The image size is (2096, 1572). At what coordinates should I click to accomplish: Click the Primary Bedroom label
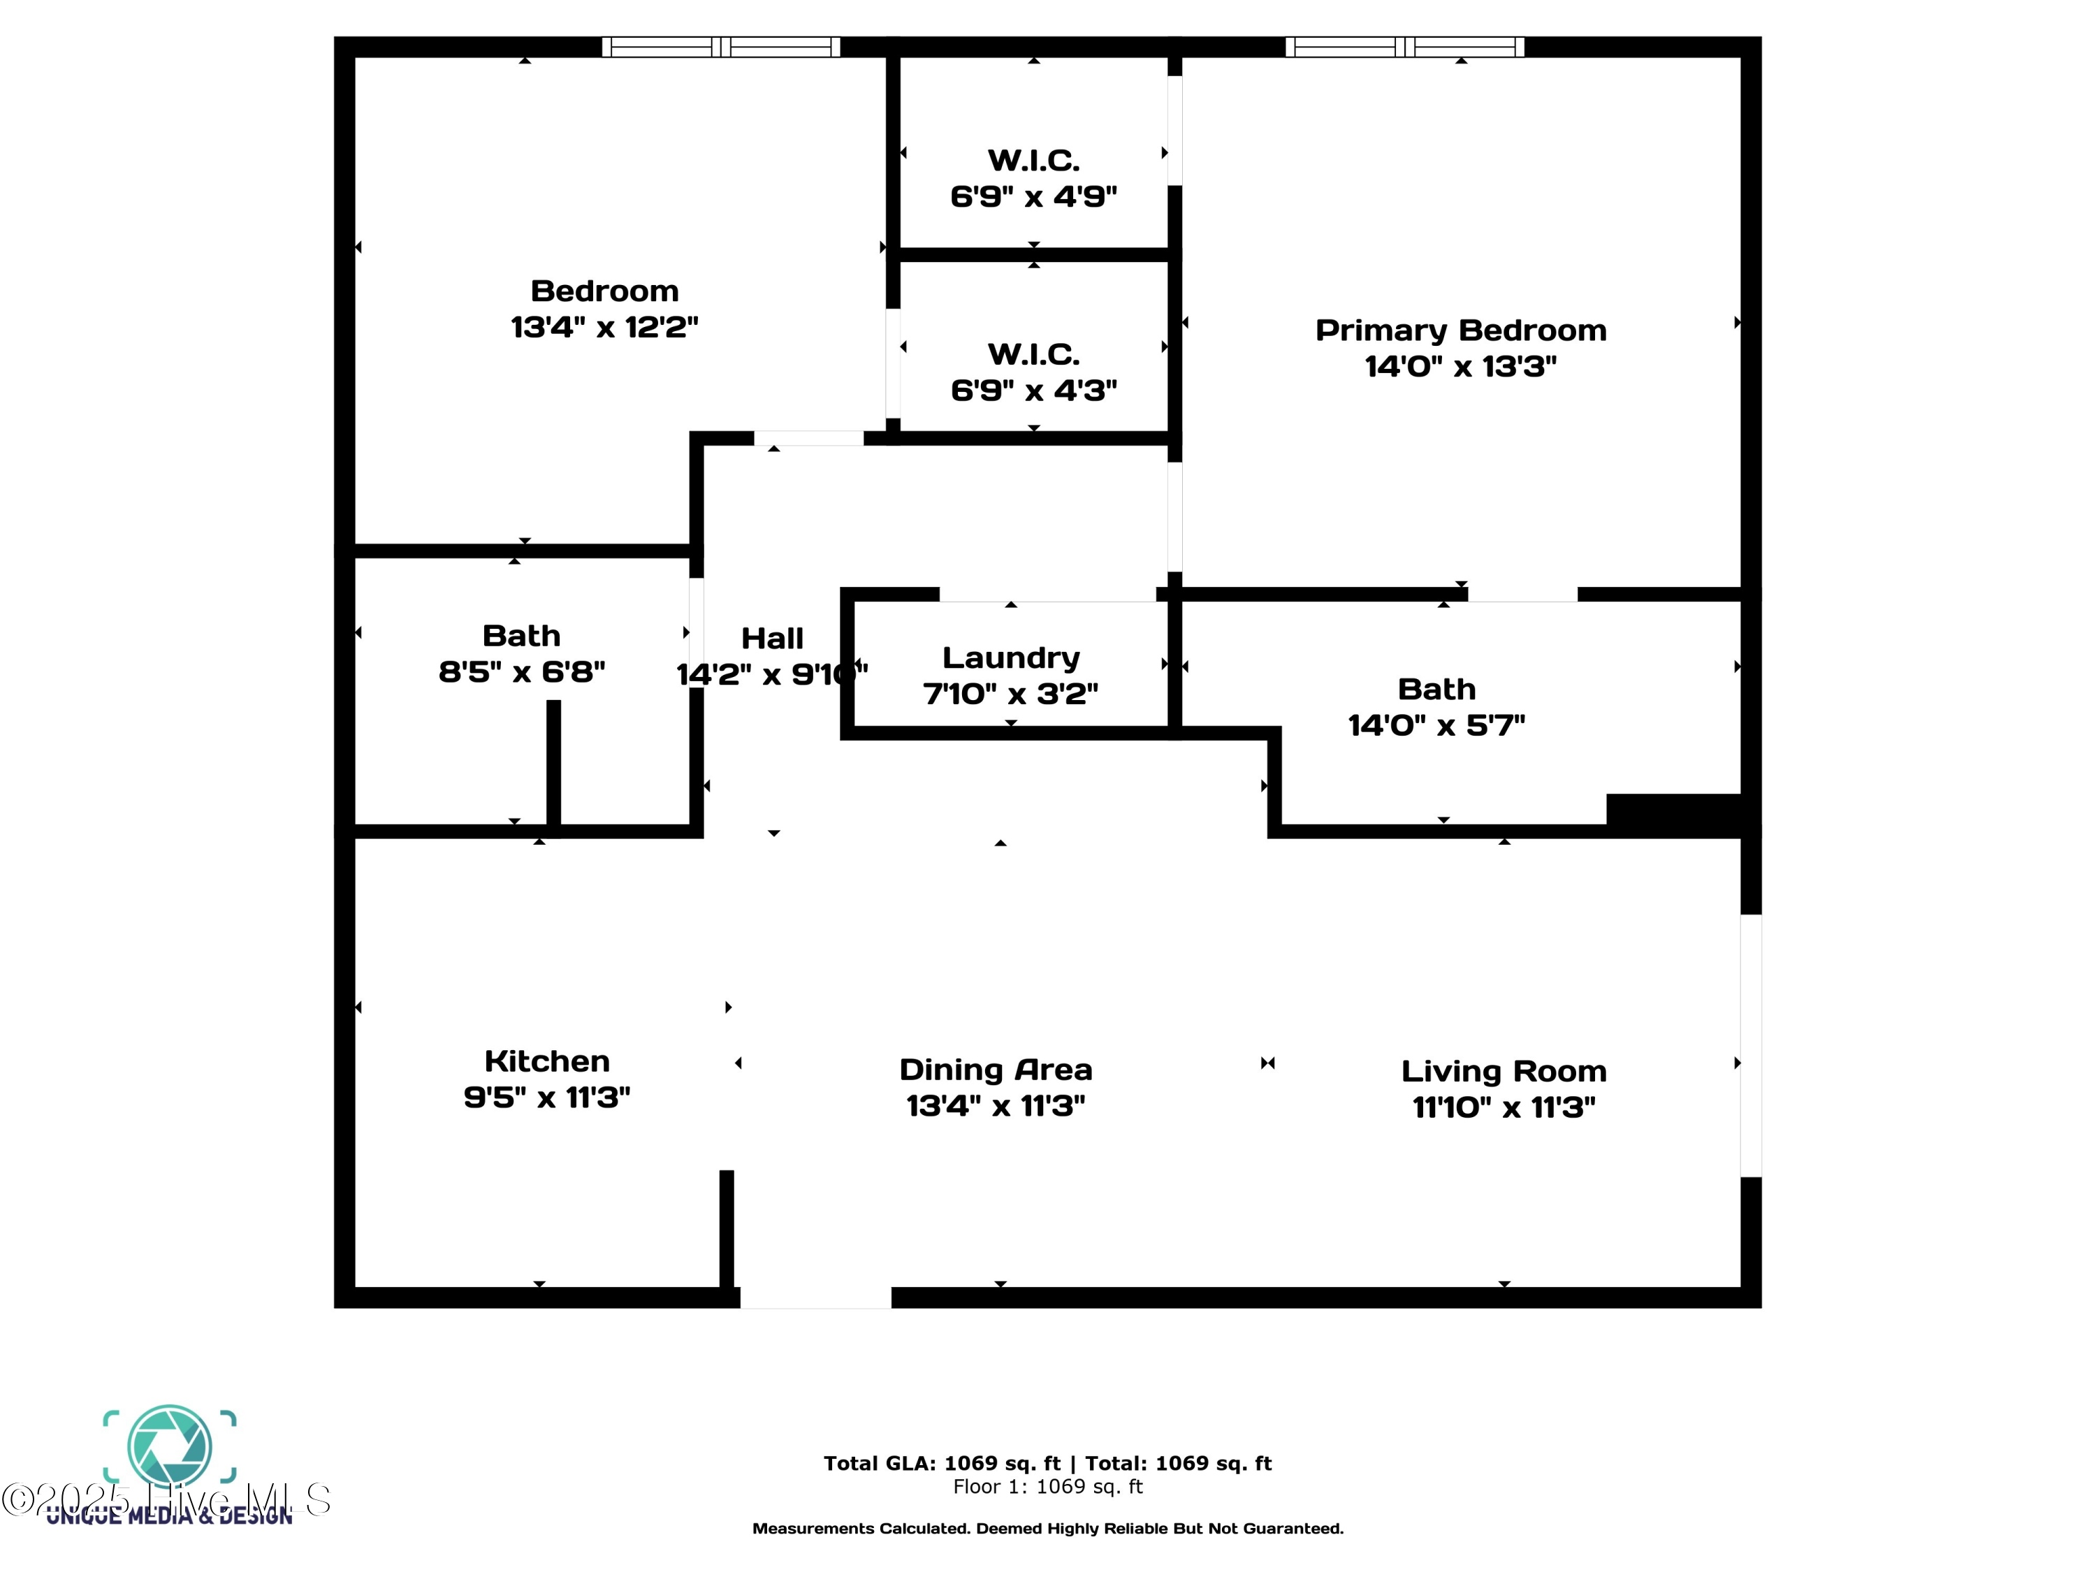[x=1460, y=330]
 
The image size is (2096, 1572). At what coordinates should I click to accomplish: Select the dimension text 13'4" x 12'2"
[x=604, y=327]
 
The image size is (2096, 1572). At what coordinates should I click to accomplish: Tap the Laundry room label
[x=1010, y=657]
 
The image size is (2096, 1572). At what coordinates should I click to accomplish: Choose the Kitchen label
[x=547, y=1061]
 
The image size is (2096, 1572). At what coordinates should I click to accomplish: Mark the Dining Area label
[x=995, y=1069]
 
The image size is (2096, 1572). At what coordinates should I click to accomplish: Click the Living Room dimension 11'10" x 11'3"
[x=1504, y=1107]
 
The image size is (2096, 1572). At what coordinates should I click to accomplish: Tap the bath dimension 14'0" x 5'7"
[x=1436, y=725]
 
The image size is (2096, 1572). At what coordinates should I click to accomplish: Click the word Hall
[x=771, y=639]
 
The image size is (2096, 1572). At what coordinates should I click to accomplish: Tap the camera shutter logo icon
[x=170, y=1445]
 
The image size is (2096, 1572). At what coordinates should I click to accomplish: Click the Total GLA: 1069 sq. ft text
[x=942, y=1463]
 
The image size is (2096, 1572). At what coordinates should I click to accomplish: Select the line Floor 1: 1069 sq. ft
[x=1047, y=1487]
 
